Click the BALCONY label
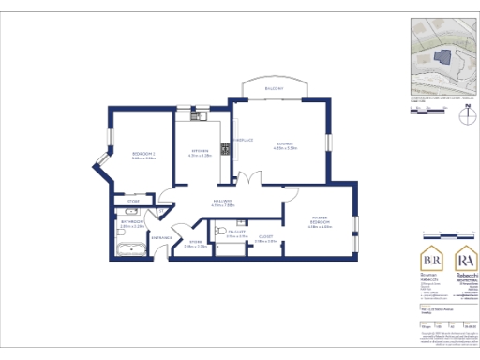pyautogui.click(x=273, y=89)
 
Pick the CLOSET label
pyautogui.click(x=266, y=237)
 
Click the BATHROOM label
pyautogui.click(x=132, y=222)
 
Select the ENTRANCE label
pyautogui.click(x=160, y=237)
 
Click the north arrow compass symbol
pyautogui.click(x=465, y=116)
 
